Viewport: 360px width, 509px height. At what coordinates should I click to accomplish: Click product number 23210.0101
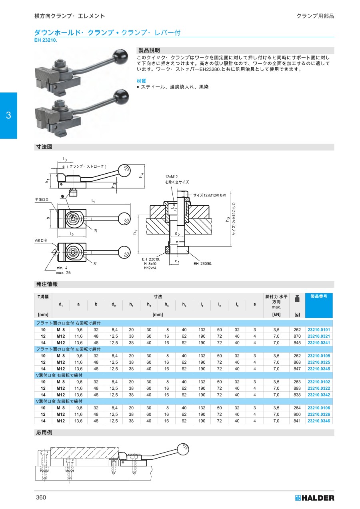pos(319,329)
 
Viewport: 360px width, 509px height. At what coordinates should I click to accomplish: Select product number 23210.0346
pos(319,421)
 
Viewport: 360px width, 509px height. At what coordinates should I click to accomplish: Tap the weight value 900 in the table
pos(297,414)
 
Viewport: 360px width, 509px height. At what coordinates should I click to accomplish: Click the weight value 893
pos(297,388)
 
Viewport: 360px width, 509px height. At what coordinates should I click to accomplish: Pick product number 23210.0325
pos(319,362)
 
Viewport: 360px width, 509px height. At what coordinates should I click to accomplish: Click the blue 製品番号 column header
pos(319,296)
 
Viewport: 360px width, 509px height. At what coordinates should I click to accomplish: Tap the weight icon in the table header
pos(297,299)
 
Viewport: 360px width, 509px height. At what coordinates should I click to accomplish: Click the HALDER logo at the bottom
pos(315,498)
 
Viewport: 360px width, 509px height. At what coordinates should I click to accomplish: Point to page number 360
pos(41,497)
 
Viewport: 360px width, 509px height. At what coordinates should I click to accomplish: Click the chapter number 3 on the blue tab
pos(8,115)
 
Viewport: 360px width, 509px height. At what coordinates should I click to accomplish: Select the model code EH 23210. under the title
pos(46,40)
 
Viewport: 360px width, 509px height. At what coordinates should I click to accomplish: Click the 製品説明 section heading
pos(149,50)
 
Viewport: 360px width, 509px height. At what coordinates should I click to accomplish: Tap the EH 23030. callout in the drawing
pos(202,264)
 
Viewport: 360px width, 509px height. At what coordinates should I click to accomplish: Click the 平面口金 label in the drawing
pos(42,200)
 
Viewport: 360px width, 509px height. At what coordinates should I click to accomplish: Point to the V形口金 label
pos(41,240)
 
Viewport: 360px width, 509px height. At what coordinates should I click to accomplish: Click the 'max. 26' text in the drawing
pos(63,273)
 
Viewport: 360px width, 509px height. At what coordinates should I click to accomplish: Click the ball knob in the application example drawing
pos(183,450)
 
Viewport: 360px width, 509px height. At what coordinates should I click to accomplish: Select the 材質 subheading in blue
pos(141,81)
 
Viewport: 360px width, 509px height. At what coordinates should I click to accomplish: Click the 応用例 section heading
pos(44,433)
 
